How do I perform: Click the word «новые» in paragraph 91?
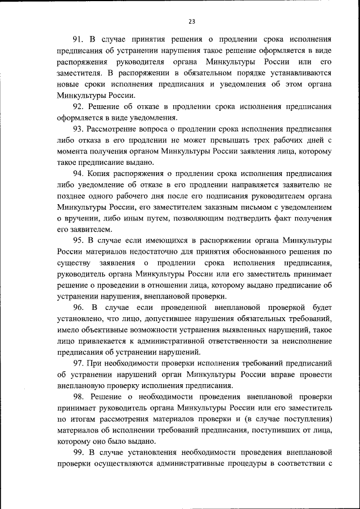point(69,84)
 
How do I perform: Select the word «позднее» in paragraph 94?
point(74,196)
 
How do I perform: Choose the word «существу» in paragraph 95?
point(75,264)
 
